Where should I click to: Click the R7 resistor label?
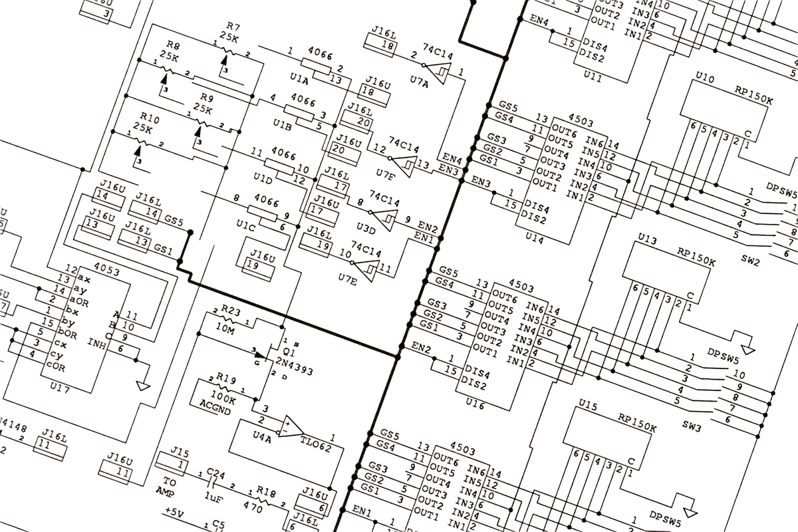(233, 27)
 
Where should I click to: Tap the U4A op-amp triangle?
(291, 427)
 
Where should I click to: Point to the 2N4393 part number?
(294, 367)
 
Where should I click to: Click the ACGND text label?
(215, 407)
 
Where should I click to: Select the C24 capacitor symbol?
(213, 483)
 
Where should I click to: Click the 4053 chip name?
(107, 271)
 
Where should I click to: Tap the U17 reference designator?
(60, 388)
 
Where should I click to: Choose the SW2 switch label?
(751, 260)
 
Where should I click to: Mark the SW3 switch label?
(692, 426)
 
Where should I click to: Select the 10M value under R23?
(225, 329)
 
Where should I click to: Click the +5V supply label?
(174, 513)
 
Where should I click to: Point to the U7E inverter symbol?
(365, 269)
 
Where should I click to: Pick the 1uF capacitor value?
(213, 497)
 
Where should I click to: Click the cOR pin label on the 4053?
(57, 366)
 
